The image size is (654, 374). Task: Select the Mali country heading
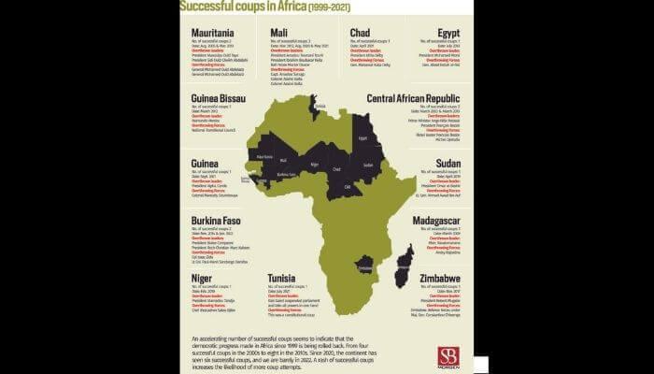click(278, 33)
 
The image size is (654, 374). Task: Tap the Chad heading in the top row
click(361, 33)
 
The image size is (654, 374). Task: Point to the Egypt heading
click(448, 33)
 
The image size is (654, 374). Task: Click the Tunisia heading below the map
click(283, 278)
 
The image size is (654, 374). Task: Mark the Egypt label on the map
click(365, 139)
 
